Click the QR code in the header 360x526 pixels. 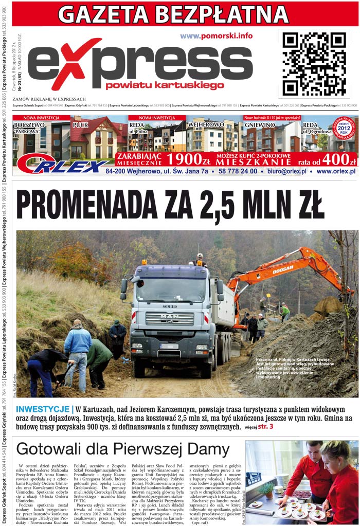click(314, 63)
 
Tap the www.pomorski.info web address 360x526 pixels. click(217, 35)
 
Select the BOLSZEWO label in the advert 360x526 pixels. click(29, 125)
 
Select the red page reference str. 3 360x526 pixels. click(266, 427)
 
